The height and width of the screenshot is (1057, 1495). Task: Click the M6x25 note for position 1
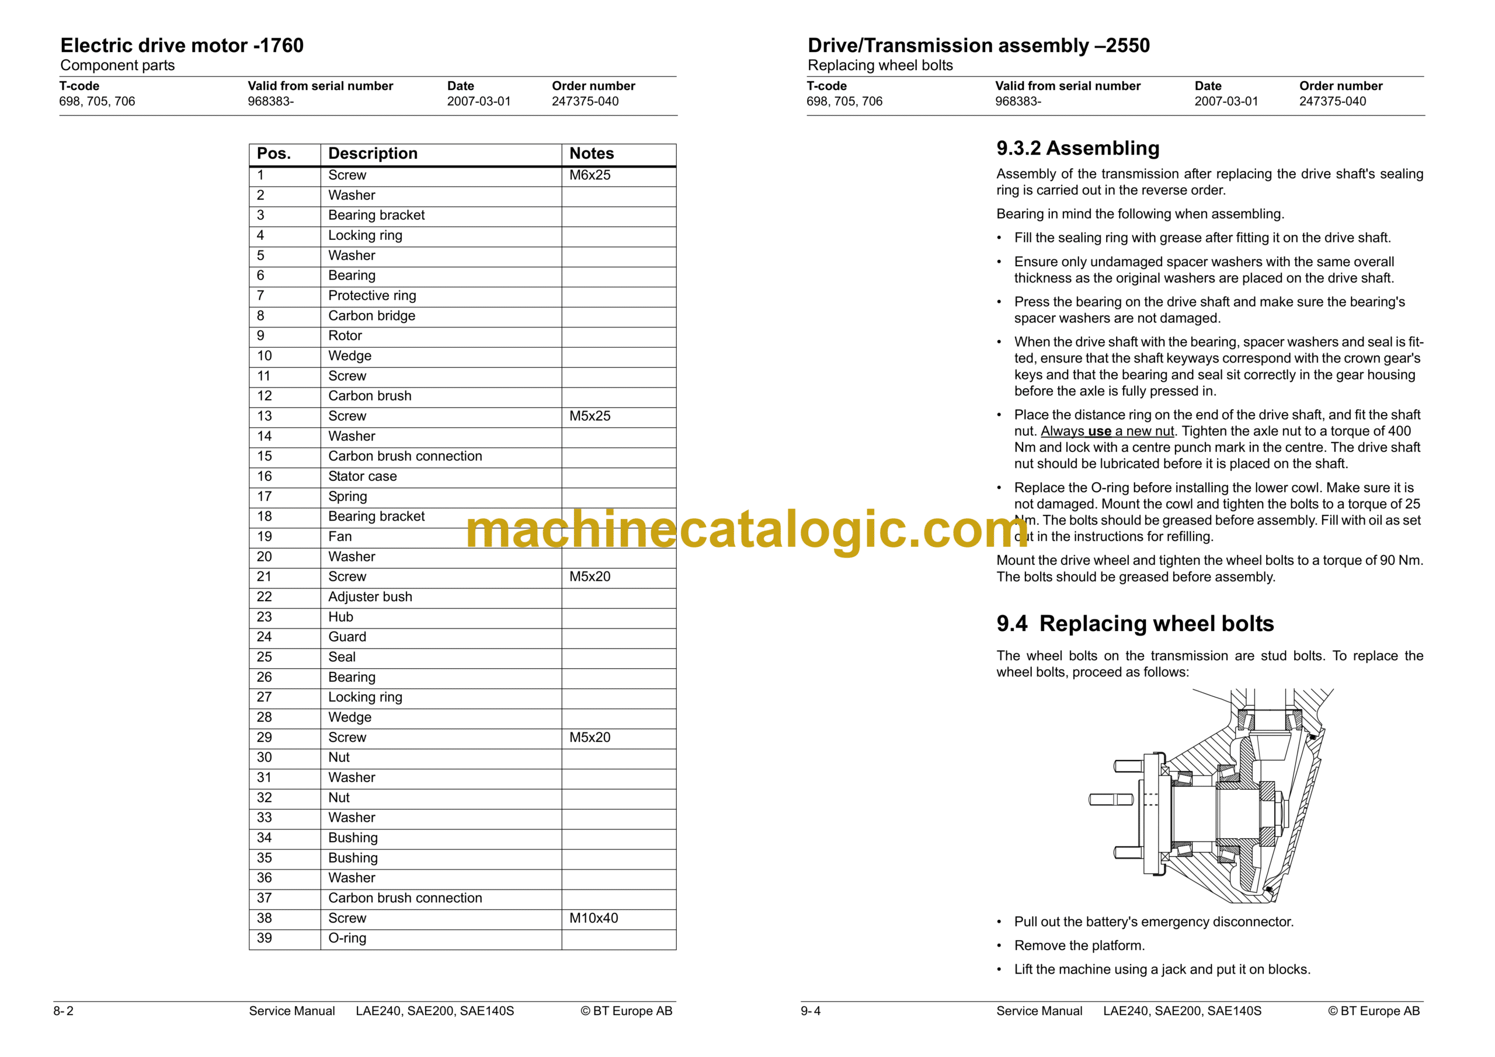[589, 175]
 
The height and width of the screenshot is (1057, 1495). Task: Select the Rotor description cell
[345, 336]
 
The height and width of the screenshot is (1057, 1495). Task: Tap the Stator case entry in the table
[362, 476]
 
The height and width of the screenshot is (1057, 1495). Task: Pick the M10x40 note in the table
[593, 918]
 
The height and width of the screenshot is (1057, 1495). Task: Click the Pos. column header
[273, 154]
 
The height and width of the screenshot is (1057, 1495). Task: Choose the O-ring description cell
[347, 939]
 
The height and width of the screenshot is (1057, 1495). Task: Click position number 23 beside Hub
[265, 617]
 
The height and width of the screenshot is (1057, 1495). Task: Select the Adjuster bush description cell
[370, 597]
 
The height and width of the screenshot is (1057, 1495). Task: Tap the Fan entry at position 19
[340, 537]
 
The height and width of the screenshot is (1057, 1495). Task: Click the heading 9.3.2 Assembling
[1077, 148]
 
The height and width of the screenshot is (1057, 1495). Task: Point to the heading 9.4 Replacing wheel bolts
[1134, 623]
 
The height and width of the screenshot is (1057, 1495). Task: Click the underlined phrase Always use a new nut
[1107, 431]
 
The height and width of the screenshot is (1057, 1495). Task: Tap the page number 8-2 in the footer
[63, 1011]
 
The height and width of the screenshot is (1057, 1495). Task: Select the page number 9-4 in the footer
[811, 1011]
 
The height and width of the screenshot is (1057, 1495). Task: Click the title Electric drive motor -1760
[182, 46]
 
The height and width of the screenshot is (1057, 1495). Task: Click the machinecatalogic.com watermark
[747, 530]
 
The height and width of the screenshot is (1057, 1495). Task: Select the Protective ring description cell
[372, 296]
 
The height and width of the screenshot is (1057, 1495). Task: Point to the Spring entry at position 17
[347, 497]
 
